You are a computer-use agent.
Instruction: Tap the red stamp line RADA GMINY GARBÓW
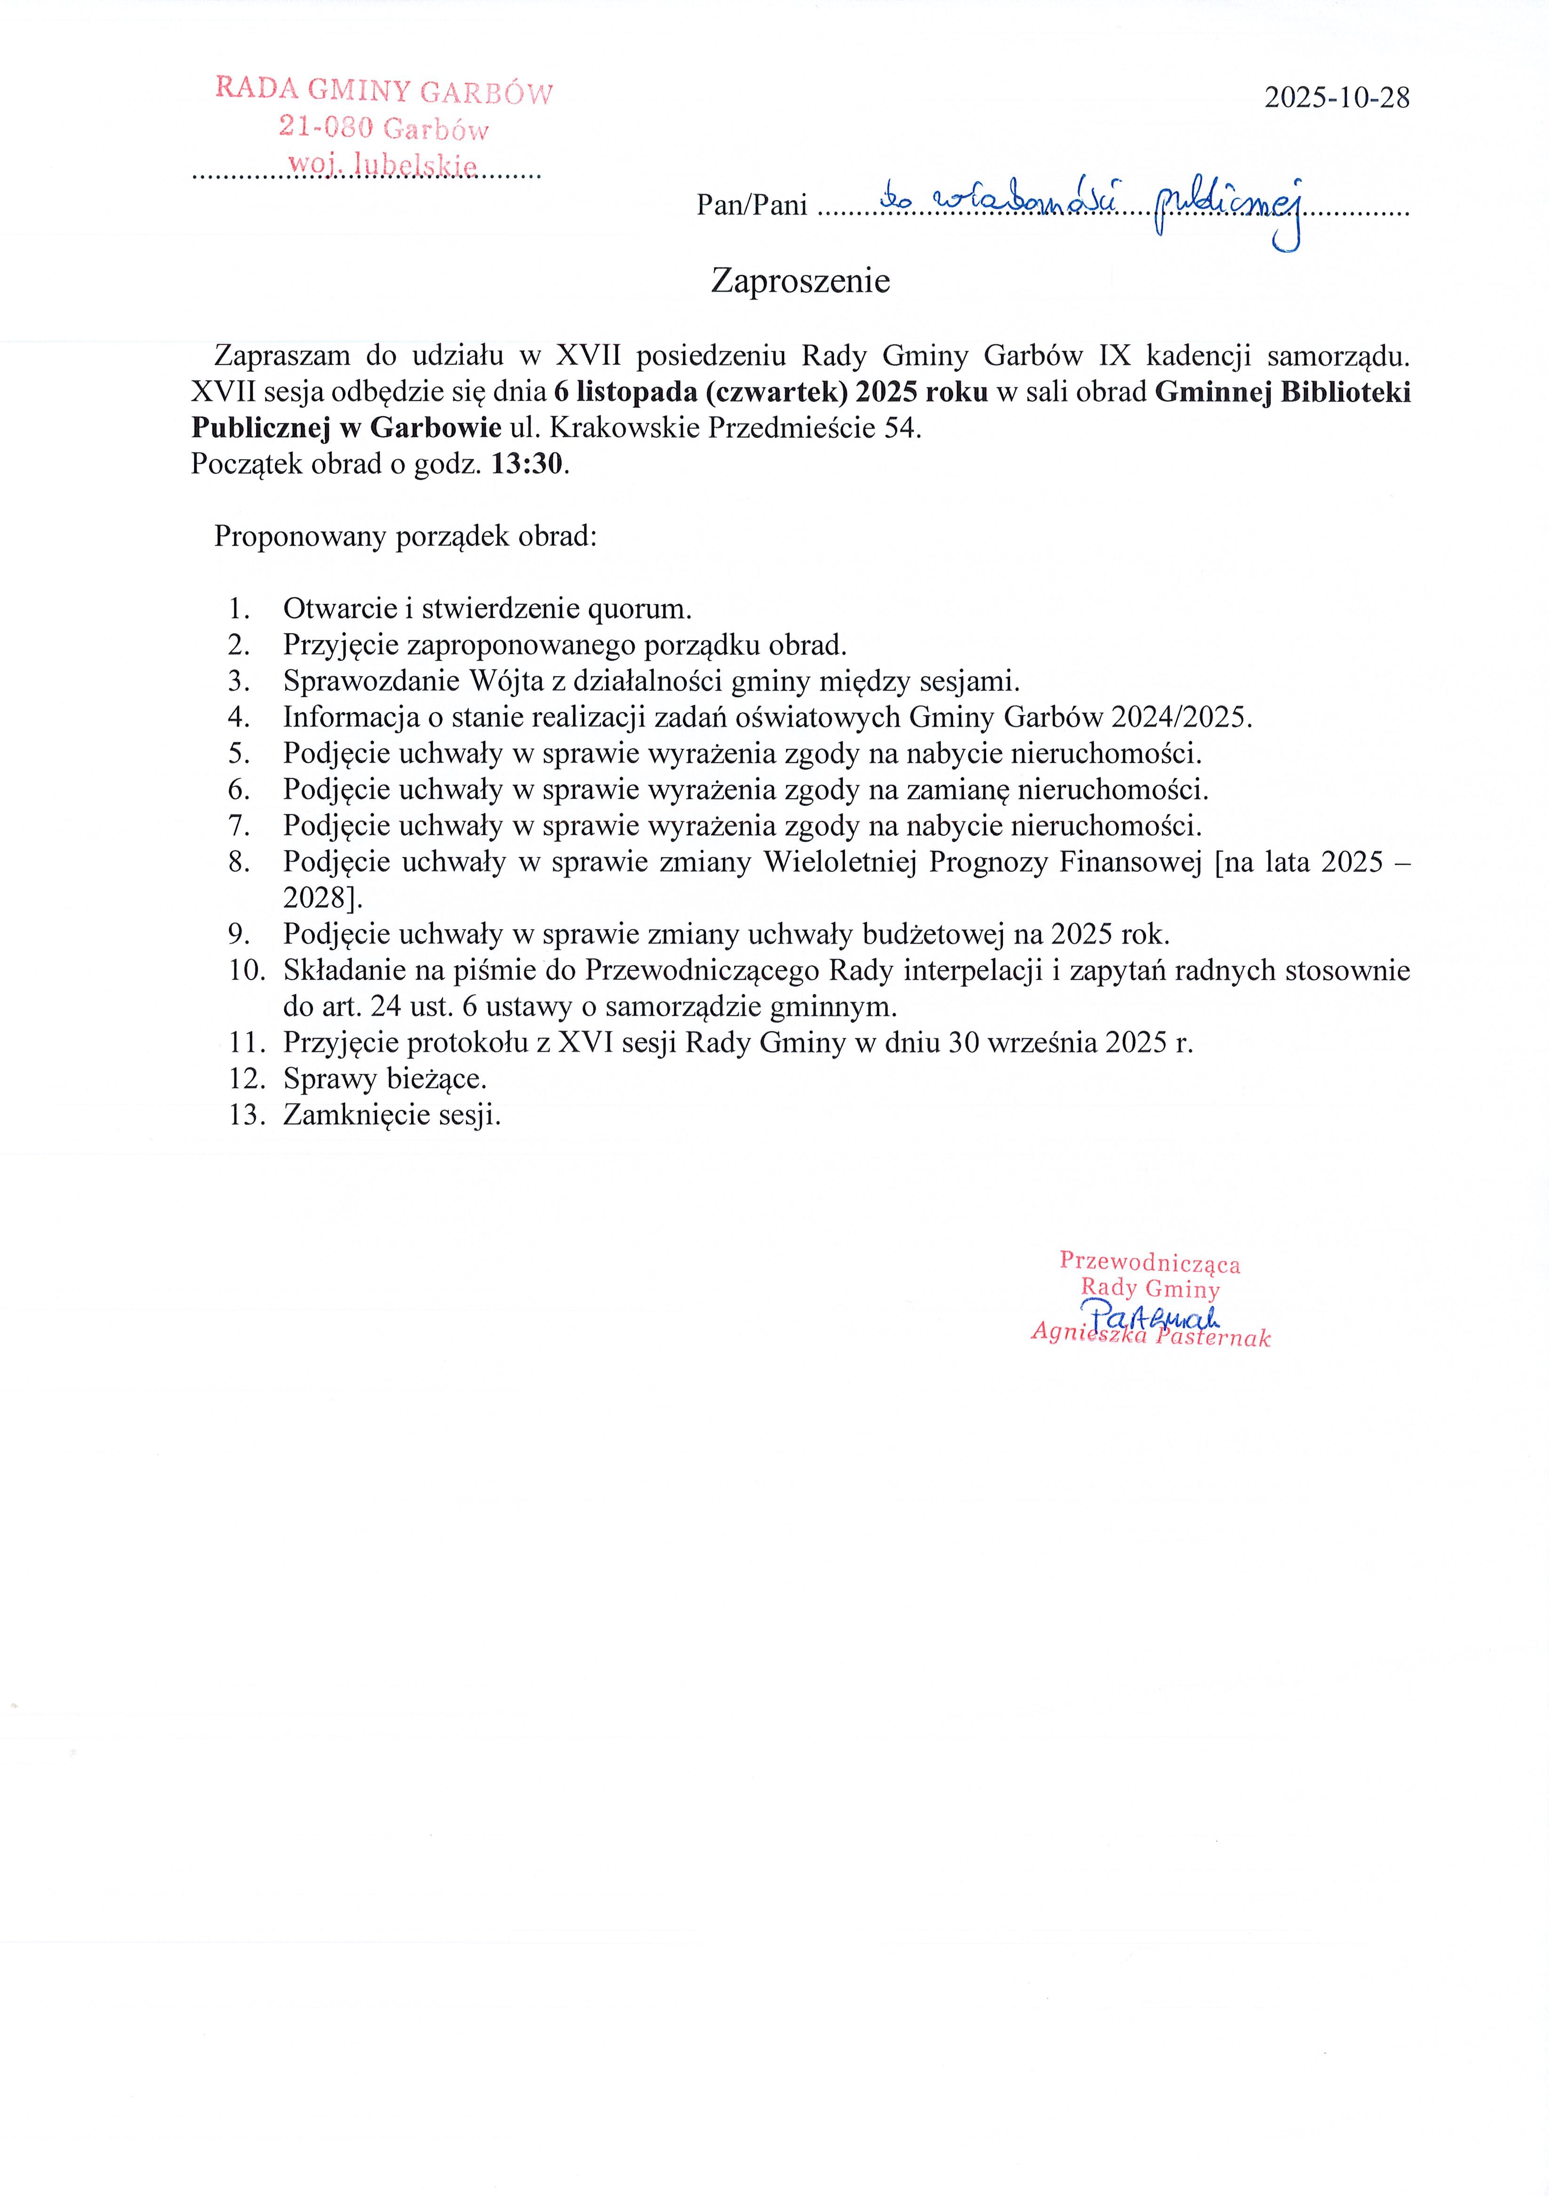click(x=383, y=91)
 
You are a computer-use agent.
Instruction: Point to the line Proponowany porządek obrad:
click(x=406, y=537)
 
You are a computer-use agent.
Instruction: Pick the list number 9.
click(x=238, y=934)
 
